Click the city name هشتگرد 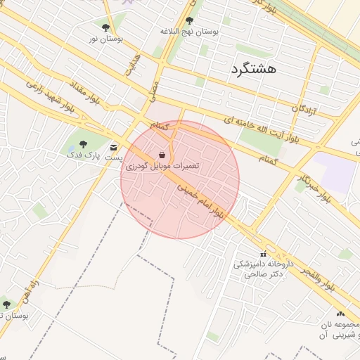coord(253,68)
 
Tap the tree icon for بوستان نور coord(105,27)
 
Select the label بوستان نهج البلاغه coord(190,32)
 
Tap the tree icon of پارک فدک coord(84,144)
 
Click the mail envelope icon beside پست coord(114,148)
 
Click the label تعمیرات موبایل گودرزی coord(162,166)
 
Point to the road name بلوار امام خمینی coord(202,201)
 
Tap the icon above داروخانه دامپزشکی coord(264,255)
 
